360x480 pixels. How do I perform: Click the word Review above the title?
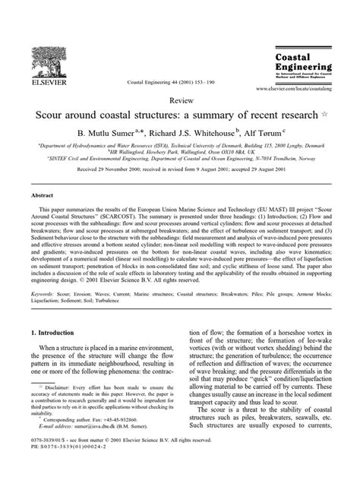pyautogui.click(x=179, y=99)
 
